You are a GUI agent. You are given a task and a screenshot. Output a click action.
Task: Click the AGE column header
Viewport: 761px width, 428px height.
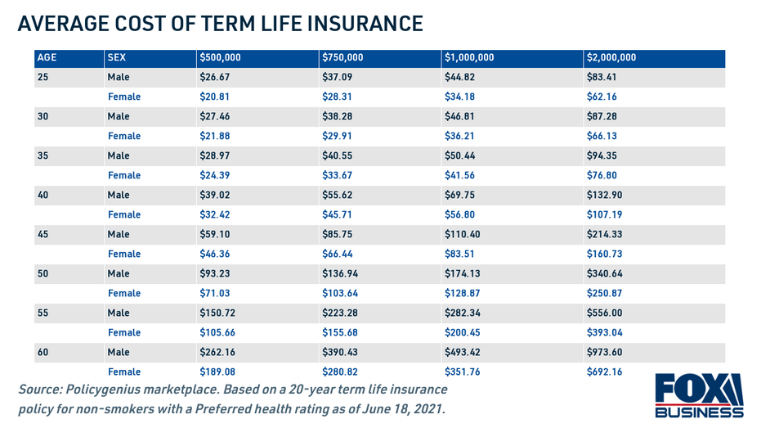click(x=47, y=58)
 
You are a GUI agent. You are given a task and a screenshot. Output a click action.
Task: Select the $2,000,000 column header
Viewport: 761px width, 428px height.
click(x=611, y=58)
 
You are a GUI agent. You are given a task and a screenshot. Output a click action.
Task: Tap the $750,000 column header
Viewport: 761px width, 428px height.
click(x=342, y=58)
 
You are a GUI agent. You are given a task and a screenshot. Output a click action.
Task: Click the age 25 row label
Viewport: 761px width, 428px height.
click(x=43, y=78)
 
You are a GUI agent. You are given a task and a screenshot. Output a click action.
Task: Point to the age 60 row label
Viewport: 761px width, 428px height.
click(x=43, y=353)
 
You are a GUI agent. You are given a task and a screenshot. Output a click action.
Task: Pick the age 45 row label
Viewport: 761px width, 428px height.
click(x=43, y=235)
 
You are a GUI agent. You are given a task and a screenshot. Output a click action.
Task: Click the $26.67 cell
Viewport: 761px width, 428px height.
click(x=215, y=78)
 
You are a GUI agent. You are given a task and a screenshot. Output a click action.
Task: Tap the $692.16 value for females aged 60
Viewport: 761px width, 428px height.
click(x=604, y=372)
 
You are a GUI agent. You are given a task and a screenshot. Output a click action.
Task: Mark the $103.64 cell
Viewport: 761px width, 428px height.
click(x=340, y=294)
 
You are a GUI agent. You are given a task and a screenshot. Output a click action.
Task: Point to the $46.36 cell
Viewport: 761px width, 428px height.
click(x=215, y=255)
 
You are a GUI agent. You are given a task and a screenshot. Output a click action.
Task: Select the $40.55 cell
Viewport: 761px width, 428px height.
click(x=338, y=156)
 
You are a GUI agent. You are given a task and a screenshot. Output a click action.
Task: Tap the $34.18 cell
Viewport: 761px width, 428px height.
click(x=460, y=97)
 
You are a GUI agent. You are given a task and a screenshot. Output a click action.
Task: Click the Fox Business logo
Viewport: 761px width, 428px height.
click(x=699, y=396)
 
